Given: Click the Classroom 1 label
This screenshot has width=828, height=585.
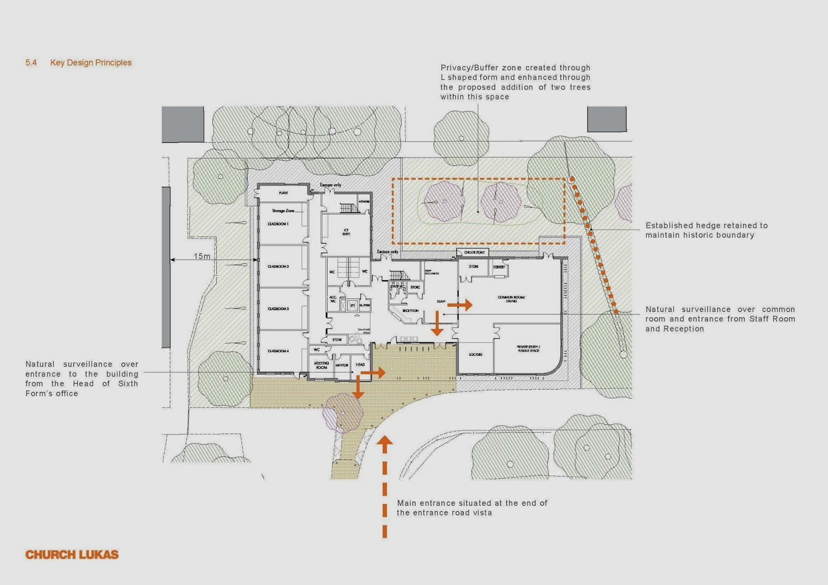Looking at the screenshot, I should click(278, 224).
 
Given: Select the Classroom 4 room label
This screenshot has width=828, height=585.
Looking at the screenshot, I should click(278, 351).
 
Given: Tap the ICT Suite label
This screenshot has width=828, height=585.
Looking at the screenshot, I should click(346, 232).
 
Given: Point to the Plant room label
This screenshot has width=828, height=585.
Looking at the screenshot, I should click(283, 193).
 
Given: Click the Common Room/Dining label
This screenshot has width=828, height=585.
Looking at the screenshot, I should click(511, 299).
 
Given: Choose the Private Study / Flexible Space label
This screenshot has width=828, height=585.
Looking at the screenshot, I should click(528, 349).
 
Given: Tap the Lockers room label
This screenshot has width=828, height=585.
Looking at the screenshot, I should click(475, 355).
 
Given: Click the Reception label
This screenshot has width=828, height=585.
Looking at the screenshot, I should click(410, 311).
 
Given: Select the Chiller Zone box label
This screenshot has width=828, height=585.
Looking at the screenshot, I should click(474, 252).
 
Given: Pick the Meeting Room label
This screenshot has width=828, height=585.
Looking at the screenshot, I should click(321, 365).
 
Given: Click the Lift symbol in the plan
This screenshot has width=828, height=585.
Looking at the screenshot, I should click(352, 306).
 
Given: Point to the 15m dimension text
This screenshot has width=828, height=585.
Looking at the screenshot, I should click(202, 256).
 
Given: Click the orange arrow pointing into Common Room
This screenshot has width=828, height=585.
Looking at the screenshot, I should click(460, 305).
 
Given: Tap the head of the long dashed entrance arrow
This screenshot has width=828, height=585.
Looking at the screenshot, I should click(385, 441).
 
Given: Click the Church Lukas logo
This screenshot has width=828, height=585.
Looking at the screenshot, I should click(72, 554).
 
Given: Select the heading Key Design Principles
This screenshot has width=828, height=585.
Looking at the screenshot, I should click(91, 63).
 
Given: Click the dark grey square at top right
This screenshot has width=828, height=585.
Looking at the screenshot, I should click(607, 119).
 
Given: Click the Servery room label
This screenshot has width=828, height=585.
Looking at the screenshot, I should click(499, 267).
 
